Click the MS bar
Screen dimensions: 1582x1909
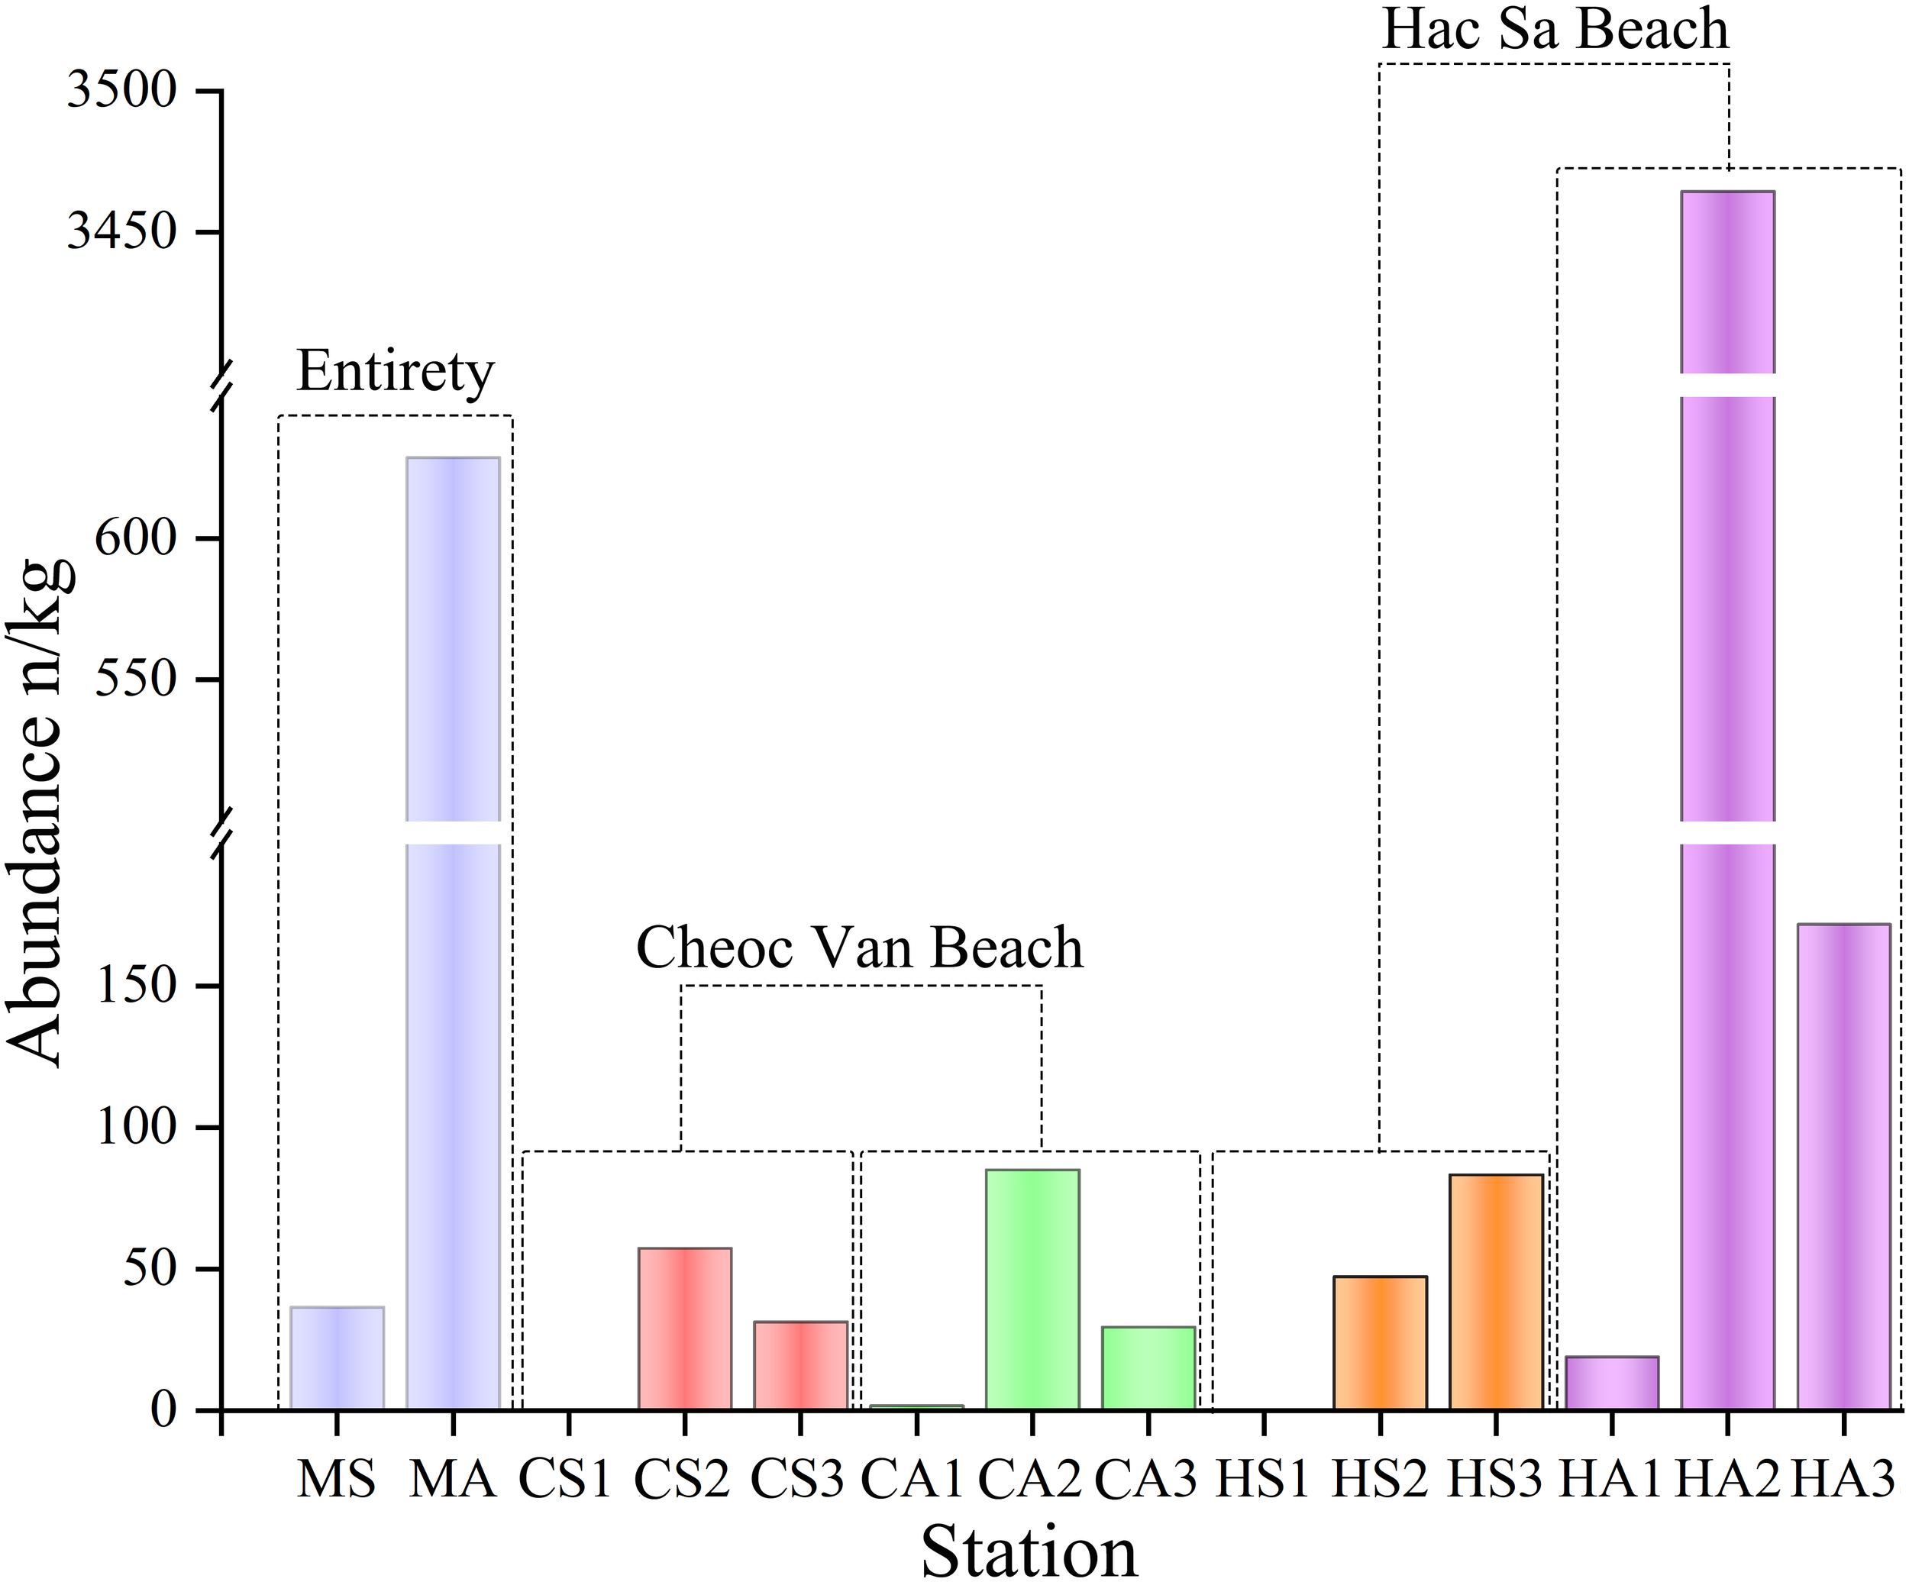point(336,1358)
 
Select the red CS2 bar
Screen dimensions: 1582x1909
point(684,1329)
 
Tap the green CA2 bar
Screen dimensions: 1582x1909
point(1032,1290)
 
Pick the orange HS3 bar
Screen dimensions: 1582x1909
point(1495,1293)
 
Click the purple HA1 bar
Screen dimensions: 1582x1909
point(1612,1383)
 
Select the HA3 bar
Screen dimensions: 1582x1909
point(1843,1167)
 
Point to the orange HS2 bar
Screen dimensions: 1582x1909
point(1379,1344)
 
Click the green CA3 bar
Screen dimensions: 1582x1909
point(1148,1368)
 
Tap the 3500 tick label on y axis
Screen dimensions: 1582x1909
point(123,91)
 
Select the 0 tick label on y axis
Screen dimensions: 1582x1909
point(163,1410)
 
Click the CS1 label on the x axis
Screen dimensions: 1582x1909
point(565,1479)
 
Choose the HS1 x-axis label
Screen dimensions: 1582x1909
point(1263,1479)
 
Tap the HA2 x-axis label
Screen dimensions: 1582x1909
point(1727,1479)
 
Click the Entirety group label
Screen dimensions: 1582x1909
point(396,372)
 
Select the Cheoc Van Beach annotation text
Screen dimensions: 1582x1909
point(860,948)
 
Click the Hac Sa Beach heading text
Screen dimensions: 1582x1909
point(1555,29)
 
